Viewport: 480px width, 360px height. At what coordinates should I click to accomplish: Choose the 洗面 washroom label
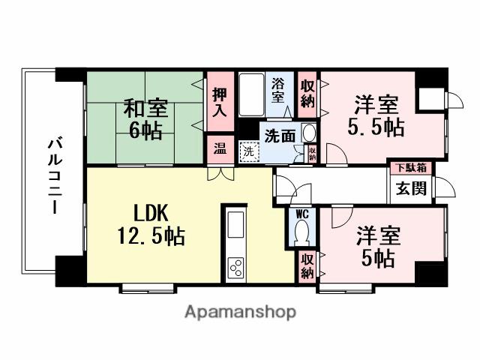[x=278, y=136]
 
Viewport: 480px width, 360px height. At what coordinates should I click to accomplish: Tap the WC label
[x=301, y=214]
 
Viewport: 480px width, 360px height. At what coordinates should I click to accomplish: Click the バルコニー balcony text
[x=55, y=177]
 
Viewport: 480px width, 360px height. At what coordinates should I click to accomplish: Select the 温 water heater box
[x=218, y=148]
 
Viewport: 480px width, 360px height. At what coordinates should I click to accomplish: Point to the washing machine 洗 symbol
[x=249, y=151]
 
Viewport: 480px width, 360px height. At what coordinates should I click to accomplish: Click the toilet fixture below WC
[x=302, y=235]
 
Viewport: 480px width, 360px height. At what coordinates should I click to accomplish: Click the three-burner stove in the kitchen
[x=236, y=266]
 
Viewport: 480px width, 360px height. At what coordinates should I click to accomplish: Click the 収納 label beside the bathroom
[x=307, y=93]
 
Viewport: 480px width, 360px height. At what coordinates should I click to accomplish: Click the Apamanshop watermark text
[x=240, y=311]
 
